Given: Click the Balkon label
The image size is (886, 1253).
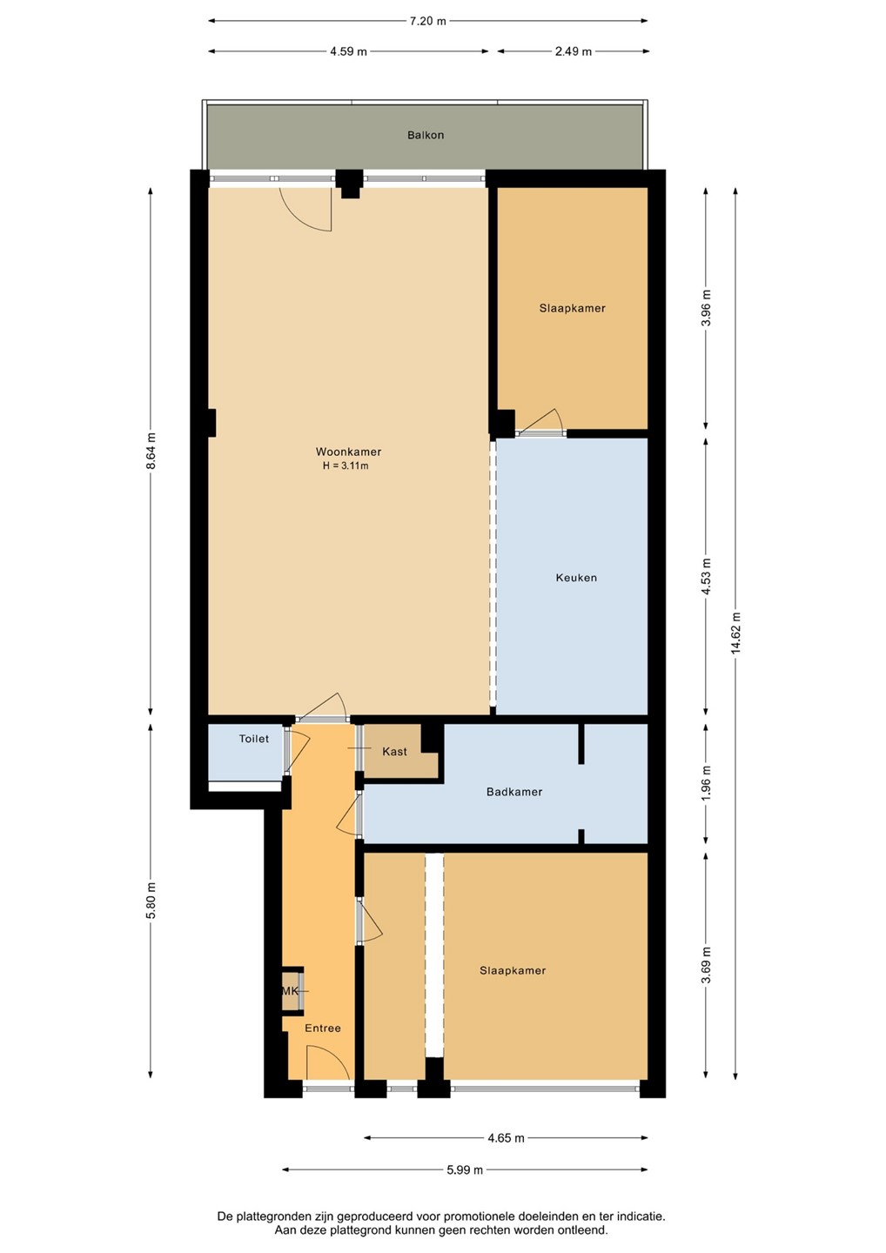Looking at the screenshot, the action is coord(426,135).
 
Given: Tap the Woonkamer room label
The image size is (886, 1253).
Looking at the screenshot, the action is coord(348,452).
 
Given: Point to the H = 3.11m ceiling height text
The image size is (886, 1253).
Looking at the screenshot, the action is coord(346,466).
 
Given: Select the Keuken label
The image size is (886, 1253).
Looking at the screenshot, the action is coord(576,578).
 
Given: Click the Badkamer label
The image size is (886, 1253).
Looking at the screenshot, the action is coord(514,792).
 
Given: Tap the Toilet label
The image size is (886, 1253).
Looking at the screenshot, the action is coord(254,739).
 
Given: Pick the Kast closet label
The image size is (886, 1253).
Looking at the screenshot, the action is coord(394,752).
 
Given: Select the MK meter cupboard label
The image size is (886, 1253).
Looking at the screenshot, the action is coord(291,991).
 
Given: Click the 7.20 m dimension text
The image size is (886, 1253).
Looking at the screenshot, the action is coord(428,21).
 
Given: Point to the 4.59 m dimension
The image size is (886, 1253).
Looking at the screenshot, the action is coord(348,51).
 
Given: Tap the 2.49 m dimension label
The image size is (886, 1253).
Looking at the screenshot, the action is coord(573,51).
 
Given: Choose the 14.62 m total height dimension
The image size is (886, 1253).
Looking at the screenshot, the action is coord(735,633).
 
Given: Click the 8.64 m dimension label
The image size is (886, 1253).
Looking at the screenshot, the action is coord(151,452).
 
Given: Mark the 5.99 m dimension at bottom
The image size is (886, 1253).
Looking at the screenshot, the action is coord(465,1170).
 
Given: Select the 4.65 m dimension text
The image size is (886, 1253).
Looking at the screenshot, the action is coord(507,1138).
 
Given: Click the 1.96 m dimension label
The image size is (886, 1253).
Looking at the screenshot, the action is coord(706,783).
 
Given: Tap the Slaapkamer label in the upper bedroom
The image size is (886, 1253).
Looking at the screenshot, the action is coord(572,308).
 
